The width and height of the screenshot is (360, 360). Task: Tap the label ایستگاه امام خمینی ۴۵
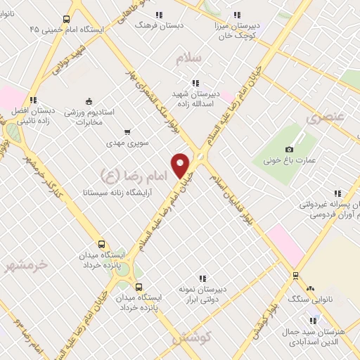coord(67,30)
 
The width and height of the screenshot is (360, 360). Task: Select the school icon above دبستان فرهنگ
coord(158,14)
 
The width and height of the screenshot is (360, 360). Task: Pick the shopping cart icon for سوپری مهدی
coord(127,131)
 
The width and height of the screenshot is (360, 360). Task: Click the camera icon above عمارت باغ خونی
coord(289,149)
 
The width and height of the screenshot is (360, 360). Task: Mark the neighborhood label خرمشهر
coord(25,265)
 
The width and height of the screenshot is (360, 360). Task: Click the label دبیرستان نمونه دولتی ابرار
coord(202,295)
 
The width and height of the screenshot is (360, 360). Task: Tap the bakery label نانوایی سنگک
coord(309,299)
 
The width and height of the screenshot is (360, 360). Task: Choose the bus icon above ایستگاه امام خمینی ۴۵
coord(66,19)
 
